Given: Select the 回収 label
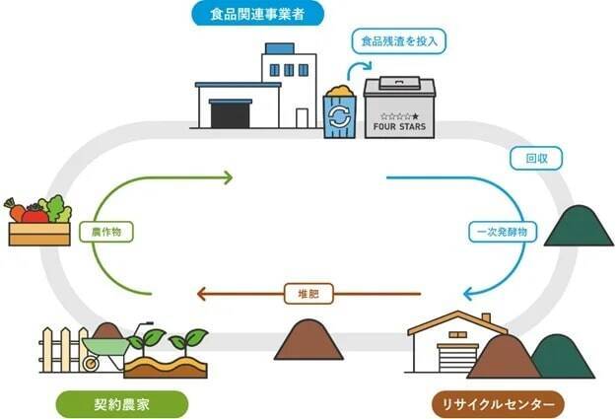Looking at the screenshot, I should [x=522, y=158].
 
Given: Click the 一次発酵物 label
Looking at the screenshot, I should [x=501, y=232].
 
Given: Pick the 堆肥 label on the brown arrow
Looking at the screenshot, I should [x=308, y=293].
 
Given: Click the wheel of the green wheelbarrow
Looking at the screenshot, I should [x=92, y=363].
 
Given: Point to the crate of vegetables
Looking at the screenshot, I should [x=38, y=223].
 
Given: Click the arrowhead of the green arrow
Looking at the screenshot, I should [x=229, y=178].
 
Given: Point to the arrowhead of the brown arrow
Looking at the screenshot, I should [x=200, y=294].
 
